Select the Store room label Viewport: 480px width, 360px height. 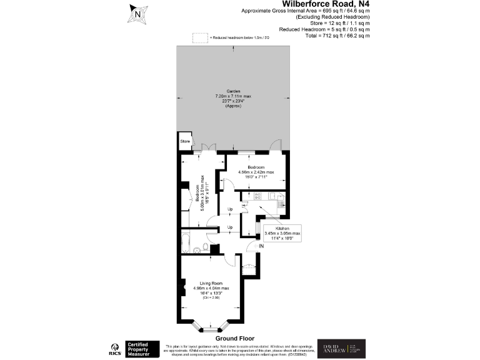click(x=185, y=142)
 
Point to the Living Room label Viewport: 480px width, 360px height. click(x=211, y=283)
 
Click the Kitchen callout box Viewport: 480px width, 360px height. click(x=283, y=232)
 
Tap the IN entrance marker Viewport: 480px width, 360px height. click(x=262, y=247)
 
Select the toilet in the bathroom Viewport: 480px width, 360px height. click(x=198, y=249)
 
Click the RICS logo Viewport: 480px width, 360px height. click(x=115, y=349)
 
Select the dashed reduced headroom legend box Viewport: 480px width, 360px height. click(x=199, y=39)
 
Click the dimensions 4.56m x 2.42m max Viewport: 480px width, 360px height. click(x=256, y=172)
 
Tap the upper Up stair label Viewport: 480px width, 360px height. click(x=230, y=209)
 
